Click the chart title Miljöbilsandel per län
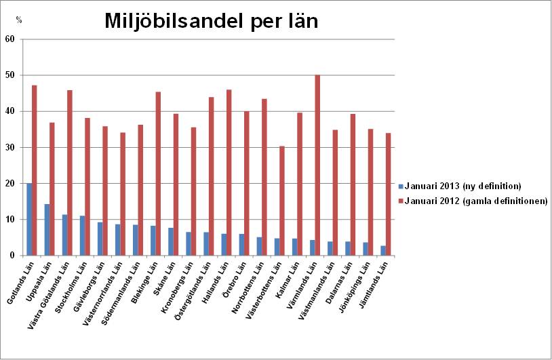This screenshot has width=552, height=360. point(212,22)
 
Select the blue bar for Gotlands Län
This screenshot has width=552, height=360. point(29,219)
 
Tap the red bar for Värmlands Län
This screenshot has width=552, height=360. point(317,165)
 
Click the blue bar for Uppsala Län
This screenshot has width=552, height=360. point(47,230)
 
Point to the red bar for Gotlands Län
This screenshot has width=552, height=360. point(35,170)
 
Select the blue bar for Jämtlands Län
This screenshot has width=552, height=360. point(382,250)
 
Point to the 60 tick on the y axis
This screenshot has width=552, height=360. point(10,39)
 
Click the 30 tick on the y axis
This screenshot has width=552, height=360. point(10,147)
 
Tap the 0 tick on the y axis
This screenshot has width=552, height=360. point(13,256)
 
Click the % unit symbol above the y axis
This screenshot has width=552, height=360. point(19,20)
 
